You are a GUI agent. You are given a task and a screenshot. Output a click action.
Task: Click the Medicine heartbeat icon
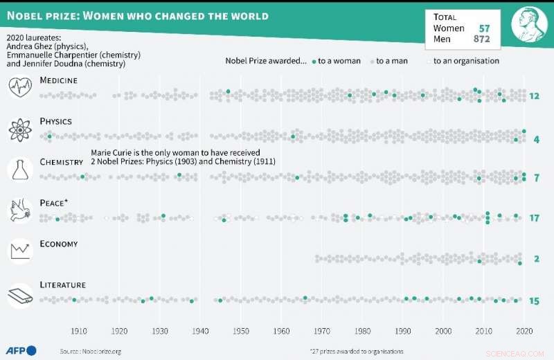point(19,88)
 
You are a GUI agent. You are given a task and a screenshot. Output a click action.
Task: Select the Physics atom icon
point(19,129)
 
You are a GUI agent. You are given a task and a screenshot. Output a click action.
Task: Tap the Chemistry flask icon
point(19,170)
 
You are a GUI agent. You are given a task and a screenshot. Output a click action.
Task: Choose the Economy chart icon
point(19,251)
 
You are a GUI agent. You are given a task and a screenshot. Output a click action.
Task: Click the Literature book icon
point(19,296)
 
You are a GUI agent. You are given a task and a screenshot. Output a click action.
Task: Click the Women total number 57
point(485,28)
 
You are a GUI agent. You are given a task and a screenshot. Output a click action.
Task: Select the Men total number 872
point(481,39)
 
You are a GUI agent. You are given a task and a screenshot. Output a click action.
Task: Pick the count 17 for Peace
point(534,218)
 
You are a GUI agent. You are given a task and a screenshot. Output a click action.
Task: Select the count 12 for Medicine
point(534,96)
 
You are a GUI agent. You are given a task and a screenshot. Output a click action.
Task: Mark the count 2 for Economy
point(536,259)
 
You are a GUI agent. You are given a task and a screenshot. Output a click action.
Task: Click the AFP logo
point(21,350)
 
